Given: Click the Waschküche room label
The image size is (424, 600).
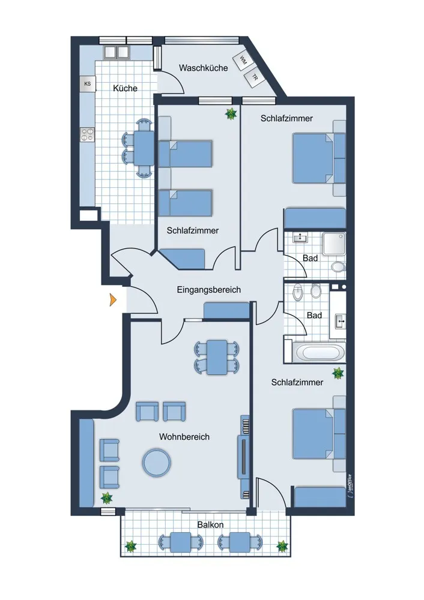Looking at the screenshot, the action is [203, 68].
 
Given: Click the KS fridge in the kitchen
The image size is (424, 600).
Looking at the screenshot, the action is [88, 83].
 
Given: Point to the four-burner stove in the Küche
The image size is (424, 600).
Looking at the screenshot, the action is [88, 135].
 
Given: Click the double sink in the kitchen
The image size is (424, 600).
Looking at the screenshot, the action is [117, 52].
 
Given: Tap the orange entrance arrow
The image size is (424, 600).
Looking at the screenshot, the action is [113, 299].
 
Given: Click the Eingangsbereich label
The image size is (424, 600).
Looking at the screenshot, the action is [209, 290].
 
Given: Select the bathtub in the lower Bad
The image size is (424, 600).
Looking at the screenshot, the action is [315, 352].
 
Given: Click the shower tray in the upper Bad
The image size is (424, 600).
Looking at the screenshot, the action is [333, 244].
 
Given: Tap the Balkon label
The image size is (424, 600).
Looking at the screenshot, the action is [210, 524].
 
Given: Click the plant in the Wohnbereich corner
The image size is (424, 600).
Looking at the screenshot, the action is [106, 498].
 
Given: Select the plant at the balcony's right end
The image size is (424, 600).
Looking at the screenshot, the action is [282, 546].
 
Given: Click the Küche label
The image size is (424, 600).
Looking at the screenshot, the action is [125, 88].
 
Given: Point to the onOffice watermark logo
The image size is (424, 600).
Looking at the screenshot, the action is [350, 486].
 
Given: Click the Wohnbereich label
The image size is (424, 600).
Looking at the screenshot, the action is [184, 437].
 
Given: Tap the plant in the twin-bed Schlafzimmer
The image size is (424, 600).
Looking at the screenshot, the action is [231, 113].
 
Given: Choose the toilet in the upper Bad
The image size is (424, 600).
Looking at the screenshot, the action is [338, 266].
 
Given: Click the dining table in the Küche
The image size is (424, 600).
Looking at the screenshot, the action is [144, 147].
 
